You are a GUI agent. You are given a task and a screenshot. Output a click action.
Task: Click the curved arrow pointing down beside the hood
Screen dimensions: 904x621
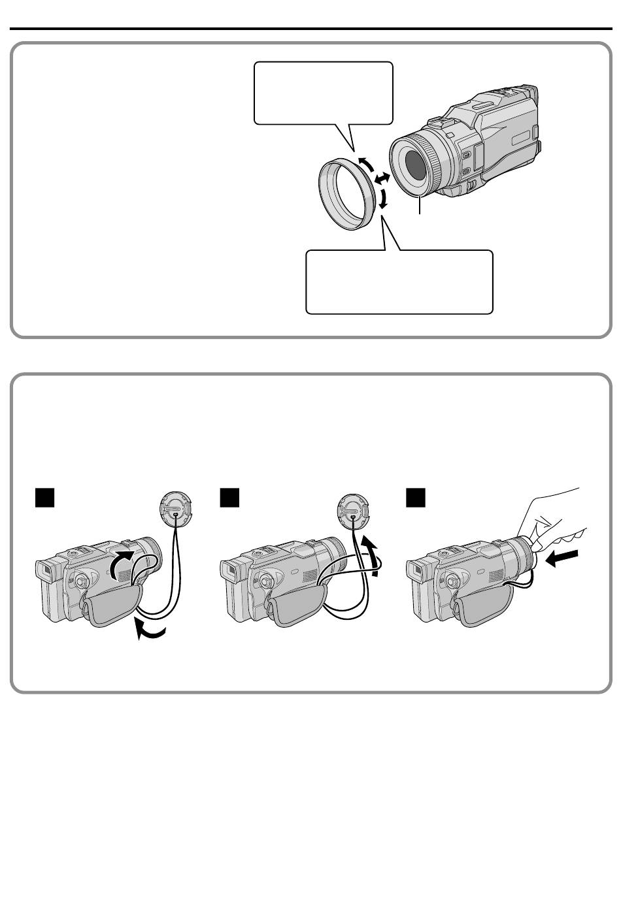click(x=384, y=198)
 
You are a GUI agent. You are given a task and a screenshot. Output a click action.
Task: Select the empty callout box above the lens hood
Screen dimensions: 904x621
click(x=323, y=92)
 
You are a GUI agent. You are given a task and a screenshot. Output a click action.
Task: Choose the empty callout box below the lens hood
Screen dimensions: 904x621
click(x=399, y=282)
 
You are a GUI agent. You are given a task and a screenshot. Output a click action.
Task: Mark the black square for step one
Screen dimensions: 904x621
click(x=43, y=498)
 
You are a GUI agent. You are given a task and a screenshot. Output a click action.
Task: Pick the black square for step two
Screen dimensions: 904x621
click(x=229, y=498)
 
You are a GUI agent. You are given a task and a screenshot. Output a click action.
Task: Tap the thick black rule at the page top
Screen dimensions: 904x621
click(x=310, y=29)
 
